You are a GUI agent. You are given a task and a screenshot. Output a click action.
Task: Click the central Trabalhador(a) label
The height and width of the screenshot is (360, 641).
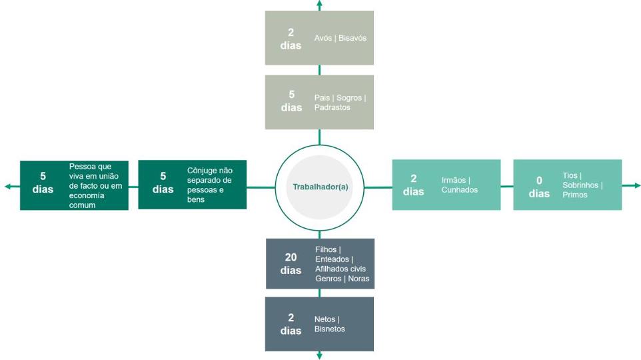pyautogui.click(x=320, y=187)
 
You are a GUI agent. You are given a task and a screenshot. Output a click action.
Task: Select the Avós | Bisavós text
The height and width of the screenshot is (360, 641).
pyautogui.click(x=340, y=38)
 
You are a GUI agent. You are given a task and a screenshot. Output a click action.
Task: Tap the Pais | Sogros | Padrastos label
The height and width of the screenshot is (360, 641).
pyautogui.click(x=340, y=103)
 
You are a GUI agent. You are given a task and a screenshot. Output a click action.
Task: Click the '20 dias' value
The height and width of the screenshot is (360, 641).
pyautogui.click(x=291, y=264)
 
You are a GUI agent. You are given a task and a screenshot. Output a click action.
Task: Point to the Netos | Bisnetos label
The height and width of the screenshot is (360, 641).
pyautogui.click(x=329, y=324)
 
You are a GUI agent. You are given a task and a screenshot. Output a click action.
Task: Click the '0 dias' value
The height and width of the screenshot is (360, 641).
pyautogui.click(x=539, y=187)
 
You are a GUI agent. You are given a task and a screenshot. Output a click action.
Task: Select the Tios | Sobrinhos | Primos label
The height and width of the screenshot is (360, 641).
pyautogui.click(x=582, y=185)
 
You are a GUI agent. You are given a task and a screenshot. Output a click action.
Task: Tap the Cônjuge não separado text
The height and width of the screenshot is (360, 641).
pyautogui.click(x=209, y=185)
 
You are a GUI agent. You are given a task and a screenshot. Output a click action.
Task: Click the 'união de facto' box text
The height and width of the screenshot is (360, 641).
pyautogui.click(x=96, y=185)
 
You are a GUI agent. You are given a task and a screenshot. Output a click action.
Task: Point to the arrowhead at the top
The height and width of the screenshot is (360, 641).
pyautogui.click(x=319, y=4)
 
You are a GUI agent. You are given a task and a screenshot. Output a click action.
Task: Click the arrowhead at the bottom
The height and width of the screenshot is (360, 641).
pyautogui.click(x=319, y=356)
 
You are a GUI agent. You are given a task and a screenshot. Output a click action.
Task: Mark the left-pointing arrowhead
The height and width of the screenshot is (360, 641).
pyautogui.click(x=8, y=187)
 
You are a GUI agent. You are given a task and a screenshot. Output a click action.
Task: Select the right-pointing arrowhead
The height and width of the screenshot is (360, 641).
pyautogui.click(x=636, y=185)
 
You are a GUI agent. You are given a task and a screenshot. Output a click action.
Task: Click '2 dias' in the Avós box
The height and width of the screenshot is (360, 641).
pyautogui.click(x=291, y=39)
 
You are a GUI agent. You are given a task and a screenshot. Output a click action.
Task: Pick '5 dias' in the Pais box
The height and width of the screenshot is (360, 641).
pyautogui.click(x=291, y=101)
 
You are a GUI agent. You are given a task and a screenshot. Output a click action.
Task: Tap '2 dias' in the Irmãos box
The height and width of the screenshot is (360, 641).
pyautogui.click(x=413, y=185)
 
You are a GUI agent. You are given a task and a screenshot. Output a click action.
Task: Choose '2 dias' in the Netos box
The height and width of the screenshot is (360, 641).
pyautogui.click(x=291, y=324)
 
